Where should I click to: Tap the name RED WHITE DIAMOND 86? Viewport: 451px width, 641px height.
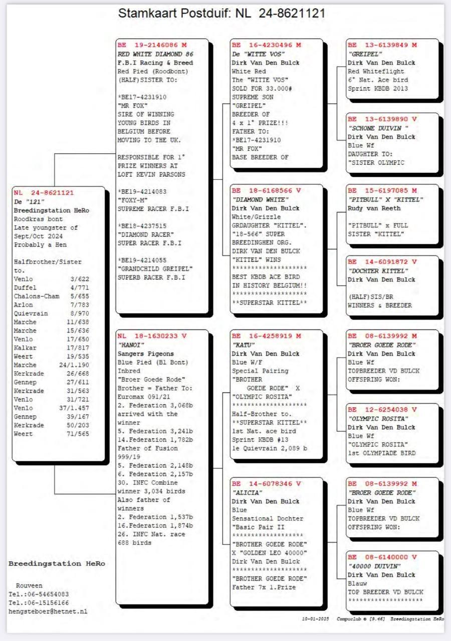pyautogui.click(x=155, y=54)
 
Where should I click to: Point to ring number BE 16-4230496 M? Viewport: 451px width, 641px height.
pyautogui.click(x=266, y=45)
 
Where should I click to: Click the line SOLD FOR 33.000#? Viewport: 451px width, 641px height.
pyautogui.click(x=262, y=89)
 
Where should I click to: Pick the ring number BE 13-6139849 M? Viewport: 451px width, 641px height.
pyautogui.click(x=382, y=45)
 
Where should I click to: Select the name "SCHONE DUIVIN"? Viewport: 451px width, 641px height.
pyautogui.click(x=378, y=128)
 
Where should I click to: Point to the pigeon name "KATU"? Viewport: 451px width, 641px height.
pyautogui.click(x=244, y=345)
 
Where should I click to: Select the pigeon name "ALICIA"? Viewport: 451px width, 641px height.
pyautogui.click(x=248, y=493)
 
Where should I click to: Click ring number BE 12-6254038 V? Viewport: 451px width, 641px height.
pyautogui.click(x=382, y=410)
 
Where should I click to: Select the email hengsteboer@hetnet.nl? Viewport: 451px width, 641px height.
pyautogui.click(x=48, y=611)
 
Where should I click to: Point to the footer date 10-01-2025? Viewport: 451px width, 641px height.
pyautogui.click(x=315, y=619)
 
